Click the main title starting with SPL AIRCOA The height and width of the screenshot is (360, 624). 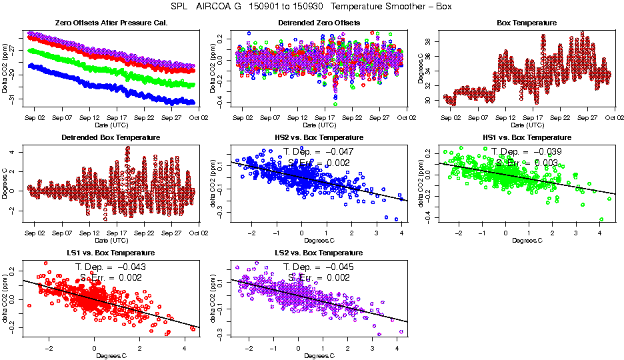(x=312, y=7)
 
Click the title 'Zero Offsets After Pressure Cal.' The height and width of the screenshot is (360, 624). (x=110, y=23)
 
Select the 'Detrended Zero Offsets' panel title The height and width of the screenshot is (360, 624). (x=319, y=23)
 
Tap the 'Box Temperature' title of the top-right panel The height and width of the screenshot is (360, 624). (x=527, y=23)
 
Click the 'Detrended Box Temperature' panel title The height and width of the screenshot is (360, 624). (x=110, y=138)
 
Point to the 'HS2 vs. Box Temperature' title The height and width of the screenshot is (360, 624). (x=319, y=138)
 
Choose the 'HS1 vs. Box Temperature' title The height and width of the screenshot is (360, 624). (x=527, y=138)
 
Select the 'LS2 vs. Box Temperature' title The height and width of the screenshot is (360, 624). (x=319, y=253)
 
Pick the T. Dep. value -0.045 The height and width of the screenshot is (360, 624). (x=337, y=267)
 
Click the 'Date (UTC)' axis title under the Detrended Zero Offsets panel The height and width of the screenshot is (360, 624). (x=319, y=125)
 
